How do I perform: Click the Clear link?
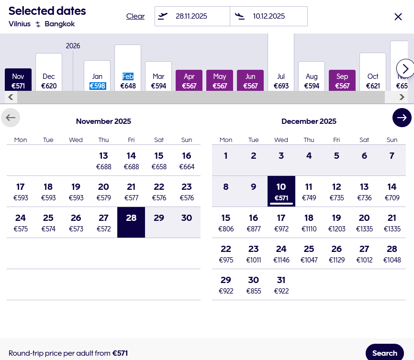coord(135,16)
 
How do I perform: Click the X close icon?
coord(398,17)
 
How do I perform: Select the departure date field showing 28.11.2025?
coord(192,16)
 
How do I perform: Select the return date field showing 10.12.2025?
coord(269,16)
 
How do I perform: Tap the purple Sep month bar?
coord(342,81)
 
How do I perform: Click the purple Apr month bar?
coord(189,81)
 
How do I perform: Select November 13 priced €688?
coord(103,161)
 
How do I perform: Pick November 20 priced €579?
coord(103,191)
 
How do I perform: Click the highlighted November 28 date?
coord(131,222)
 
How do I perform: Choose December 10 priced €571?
coord(281,191)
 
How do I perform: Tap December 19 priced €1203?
coord(336,223)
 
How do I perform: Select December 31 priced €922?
coord(281,285)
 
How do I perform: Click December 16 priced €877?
coord(254,223)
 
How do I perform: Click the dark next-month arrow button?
coord(402,118)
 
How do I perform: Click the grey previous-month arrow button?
coord(11,118)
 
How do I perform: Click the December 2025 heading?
coord(309,121)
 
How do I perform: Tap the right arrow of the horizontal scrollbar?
coord(403,98)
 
